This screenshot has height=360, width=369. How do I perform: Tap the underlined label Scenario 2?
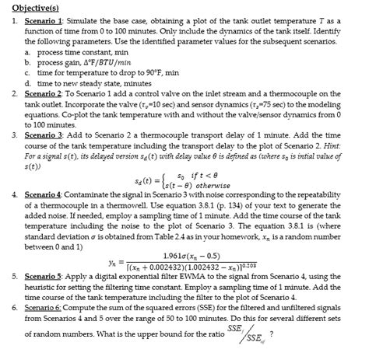39,93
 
